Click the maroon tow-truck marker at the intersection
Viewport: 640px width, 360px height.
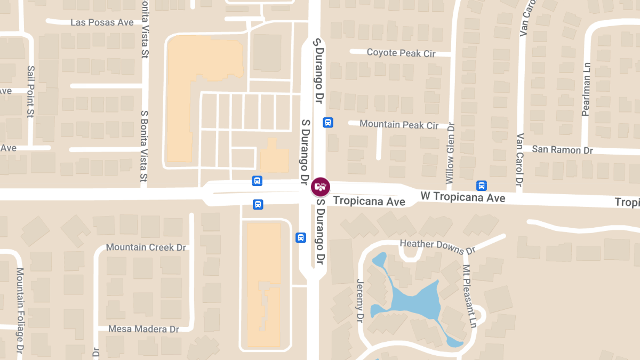click(x=320, y=187)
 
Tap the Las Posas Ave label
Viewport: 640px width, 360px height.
click(x=102, y=22)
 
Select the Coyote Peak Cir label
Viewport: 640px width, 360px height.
click(x=401, y=53)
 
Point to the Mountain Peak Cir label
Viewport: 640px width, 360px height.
click(x=399, y=125)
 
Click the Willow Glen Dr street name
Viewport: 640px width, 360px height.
click(x=451, y=154)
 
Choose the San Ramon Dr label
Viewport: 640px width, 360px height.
click(x=562, y=150)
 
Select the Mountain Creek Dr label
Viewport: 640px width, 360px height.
click(x=146, y=247)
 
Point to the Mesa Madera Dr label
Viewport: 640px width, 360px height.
click(x=143, y=329)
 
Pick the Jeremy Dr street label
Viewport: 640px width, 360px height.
click(x=359, y=301)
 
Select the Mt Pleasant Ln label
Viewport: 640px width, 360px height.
click(x=469, y=296)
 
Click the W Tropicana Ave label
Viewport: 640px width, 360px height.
click(x=462, y=197)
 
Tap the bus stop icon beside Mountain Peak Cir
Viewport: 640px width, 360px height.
click(x=328, y=123)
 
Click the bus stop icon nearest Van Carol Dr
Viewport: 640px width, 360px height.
click(x=481, y=186)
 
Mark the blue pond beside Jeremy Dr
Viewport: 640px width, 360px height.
click(x=413, y=300)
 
